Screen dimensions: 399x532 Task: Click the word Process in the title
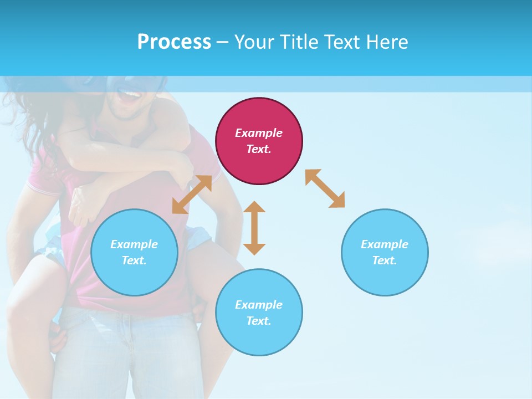174,42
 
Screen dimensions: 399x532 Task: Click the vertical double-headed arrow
254,228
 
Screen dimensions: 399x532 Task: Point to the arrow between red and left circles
192,195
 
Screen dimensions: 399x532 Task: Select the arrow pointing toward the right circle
325,188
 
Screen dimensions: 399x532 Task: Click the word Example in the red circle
259,133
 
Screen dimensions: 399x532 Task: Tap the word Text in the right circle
383,260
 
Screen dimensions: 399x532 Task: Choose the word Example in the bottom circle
259,304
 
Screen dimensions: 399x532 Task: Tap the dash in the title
223,42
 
